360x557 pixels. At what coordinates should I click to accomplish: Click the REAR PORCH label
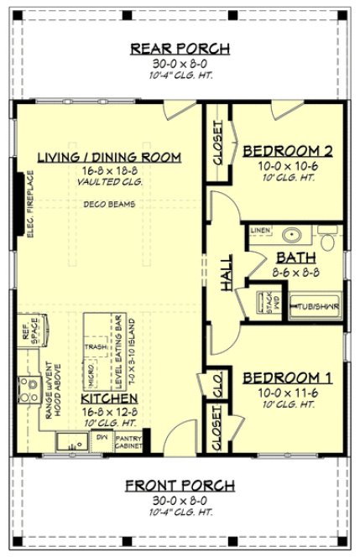[180, 48]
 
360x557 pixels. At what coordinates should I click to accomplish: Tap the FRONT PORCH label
[180, 486]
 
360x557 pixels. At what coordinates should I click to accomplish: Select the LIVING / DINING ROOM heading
[110, 157]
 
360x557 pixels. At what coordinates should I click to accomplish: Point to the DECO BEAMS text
[106, 204]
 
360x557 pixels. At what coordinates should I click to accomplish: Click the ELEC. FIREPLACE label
[30, 205]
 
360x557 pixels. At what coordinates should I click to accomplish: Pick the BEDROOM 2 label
[287, 151]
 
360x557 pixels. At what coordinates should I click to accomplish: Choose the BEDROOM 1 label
[287, 378]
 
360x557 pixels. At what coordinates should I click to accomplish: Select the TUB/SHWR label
[316, 307]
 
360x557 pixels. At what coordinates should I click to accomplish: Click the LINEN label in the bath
[258, 229]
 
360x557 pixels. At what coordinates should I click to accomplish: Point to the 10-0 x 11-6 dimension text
[287, 393]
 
